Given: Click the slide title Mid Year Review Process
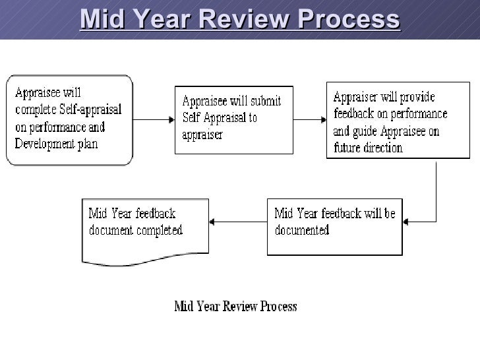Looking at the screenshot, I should [240, 20].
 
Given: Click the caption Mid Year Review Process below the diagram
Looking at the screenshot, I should [235, 307].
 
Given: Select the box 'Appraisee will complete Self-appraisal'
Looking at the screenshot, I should [69, 119].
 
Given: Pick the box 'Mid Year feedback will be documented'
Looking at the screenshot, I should [334, 226].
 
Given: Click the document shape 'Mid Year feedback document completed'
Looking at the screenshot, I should [144, 227].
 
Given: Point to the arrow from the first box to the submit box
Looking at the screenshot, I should [153, 120].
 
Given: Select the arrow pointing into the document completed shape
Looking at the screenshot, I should [237, 222].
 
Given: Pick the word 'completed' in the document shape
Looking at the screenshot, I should [158, 231].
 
